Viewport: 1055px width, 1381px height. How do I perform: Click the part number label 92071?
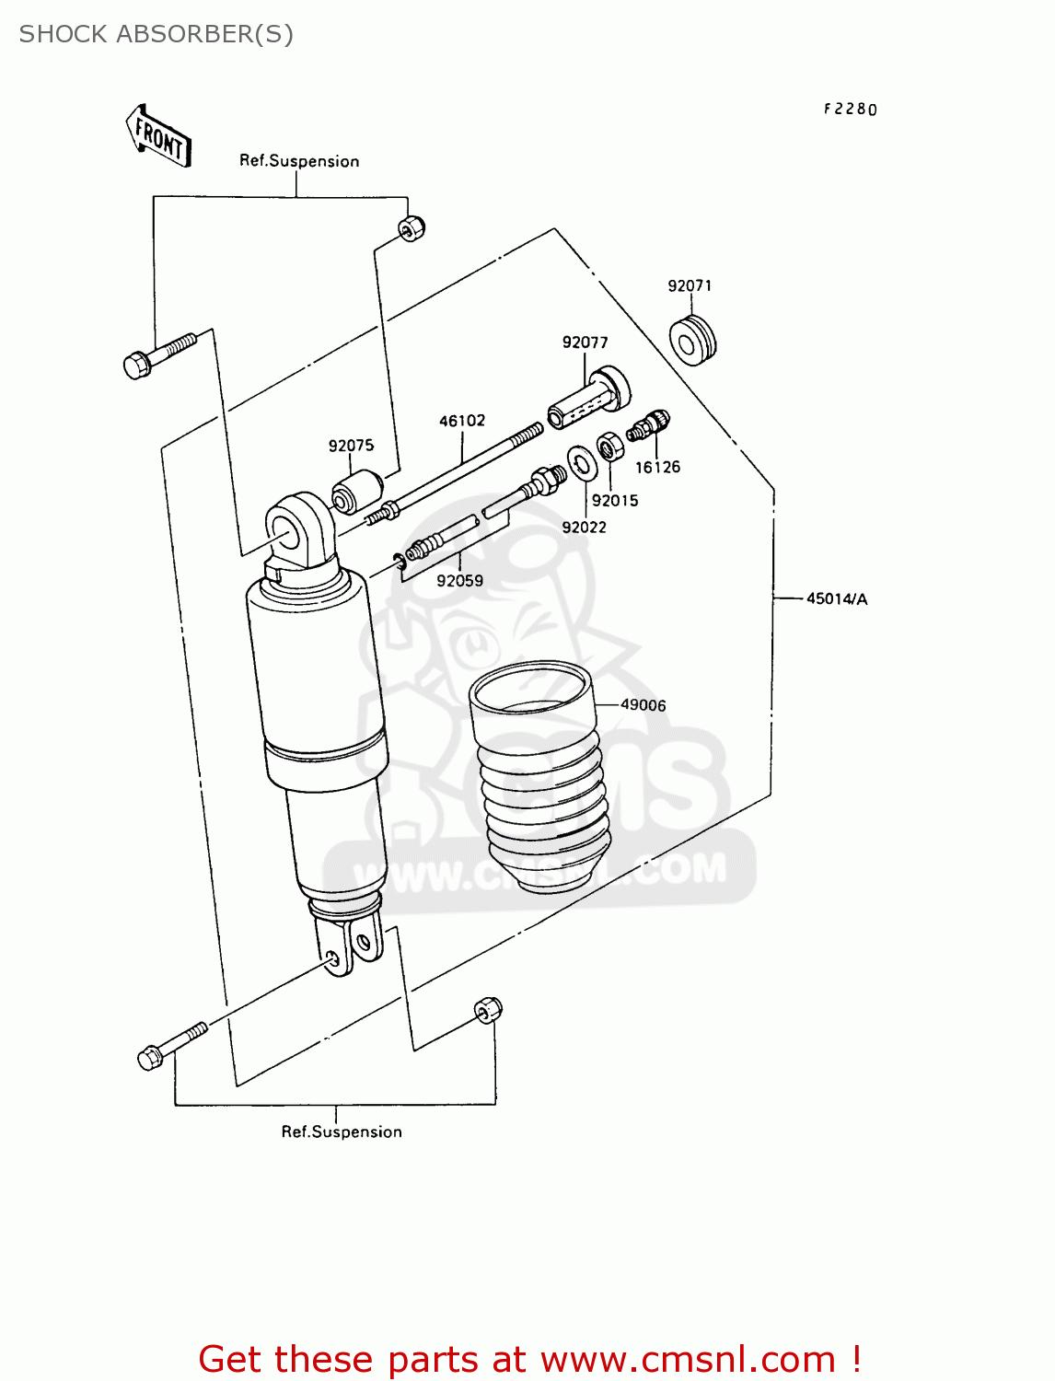pos(690,285)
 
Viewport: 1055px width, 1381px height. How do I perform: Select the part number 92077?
pos(585,342)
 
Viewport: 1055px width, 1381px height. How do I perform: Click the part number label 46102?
pos(462,421)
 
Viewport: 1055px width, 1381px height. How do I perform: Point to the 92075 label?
pos(351,446)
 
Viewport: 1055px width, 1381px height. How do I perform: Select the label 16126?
pos(657,468)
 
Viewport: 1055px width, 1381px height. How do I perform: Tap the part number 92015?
pos(615,501)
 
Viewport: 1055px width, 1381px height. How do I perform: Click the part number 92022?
pos(584,528)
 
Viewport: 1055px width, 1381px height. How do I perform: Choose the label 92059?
pos(459,581)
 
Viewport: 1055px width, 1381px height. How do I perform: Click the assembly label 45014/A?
pos(836,599)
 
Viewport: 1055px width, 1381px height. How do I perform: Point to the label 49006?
pos(643,705)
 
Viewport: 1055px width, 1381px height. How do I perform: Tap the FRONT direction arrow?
pos(159,136)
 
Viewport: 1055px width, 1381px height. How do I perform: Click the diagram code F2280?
pos(850,110)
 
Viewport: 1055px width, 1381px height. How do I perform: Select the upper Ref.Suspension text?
pos(299,161)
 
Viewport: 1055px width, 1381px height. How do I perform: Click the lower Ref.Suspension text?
pos(342,1132)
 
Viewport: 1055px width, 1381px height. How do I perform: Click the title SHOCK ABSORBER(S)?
pos(157,34)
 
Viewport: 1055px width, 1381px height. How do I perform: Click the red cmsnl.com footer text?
pos(529,1359)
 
